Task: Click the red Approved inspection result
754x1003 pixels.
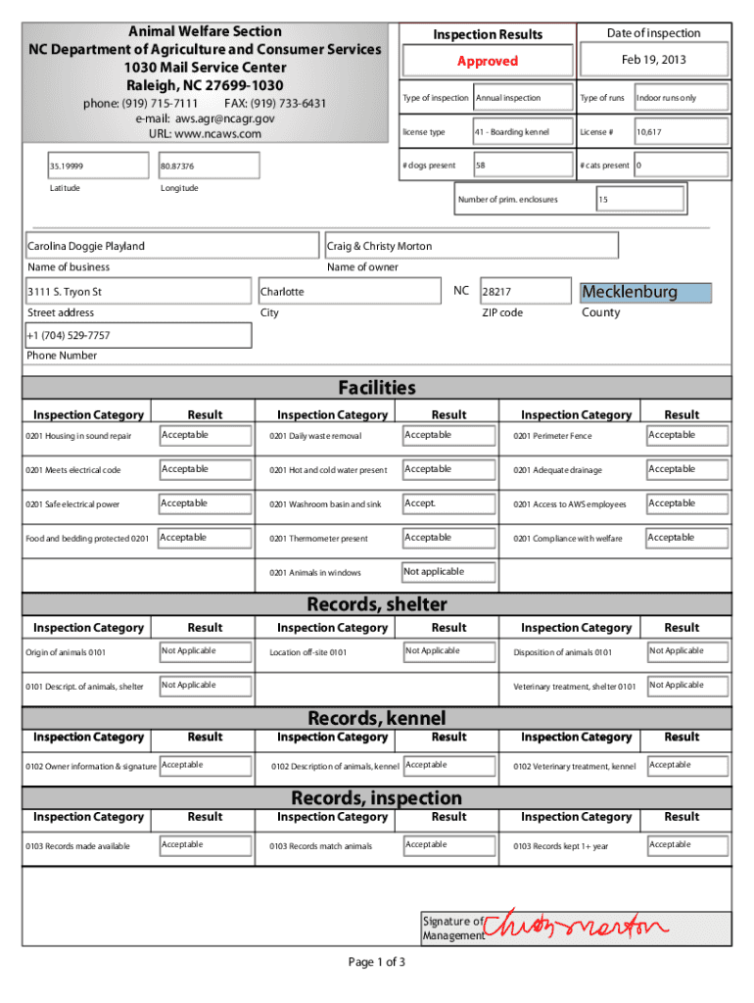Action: [487, 61]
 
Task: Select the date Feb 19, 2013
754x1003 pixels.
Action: [653, 60]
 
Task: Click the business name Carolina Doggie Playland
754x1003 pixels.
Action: [86, 246]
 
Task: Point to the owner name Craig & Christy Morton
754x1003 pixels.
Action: [380, 246]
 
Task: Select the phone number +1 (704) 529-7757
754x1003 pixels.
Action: [69, 336]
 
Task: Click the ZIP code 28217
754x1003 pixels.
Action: [496, 292]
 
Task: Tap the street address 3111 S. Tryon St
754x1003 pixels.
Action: [65, 292]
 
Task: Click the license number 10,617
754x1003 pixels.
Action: [649, 132]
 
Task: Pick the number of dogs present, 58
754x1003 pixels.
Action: [481, 166]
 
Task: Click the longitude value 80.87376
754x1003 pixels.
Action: [177, 167]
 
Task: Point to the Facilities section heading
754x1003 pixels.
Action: [376, 388]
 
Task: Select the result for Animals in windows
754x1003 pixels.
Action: [434, 572]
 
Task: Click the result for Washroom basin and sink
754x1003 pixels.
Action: [420, 503]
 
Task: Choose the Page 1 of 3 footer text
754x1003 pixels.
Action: [376, 962]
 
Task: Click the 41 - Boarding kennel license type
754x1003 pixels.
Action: [511, 132]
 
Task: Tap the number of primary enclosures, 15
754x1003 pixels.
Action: [603, 200]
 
